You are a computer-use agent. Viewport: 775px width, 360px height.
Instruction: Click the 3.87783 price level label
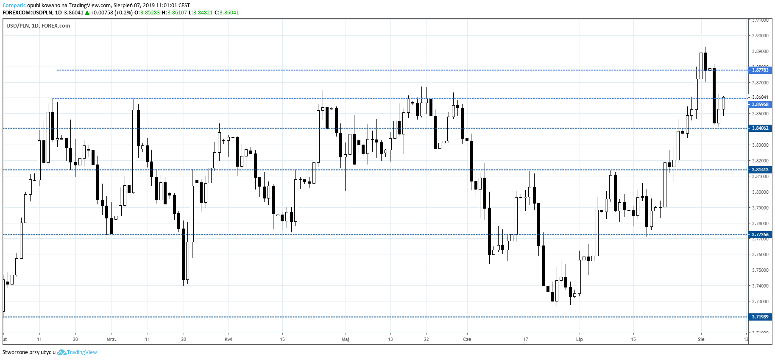pos(760,70)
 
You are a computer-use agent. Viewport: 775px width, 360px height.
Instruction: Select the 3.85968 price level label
pos(760,104)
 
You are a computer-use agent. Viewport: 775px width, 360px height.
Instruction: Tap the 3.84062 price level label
pos(760,128)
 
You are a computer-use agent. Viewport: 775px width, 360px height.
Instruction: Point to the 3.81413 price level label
pos(760,170)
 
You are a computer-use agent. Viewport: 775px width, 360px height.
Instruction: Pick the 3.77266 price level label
pos(760,234)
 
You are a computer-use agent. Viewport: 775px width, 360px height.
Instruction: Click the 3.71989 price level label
pos(760,317)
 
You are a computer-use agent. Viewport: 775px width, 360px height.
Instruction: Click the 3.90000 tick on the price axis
pos(760,36)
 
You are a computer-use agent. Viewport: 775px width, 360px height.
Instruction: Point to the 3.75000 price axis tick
pos(760,270)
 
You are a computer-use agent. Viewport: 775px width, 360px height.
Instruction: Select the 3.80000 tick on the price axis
pos(760,192)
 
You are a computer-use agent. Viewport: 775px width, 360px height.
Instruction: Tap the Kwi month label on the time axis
pos(229,339)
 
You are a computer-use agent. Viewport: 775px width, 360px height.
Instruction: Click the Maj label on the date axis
pos(346,339)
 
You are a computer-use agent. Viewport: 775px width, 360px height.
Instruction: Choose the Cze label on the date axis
pos(467,339)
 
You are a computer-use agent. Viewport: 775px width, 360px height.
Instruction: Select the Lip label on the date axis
pos(579,339)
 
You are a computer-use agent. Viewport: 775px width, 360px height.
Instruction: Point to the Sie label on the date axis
pos(701,339)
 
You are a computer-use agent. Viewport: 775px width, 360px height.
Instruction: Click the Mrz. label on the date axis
pos(112,339)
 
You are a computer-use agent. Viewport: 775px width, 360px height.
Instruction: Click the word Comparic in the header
pos(14,6)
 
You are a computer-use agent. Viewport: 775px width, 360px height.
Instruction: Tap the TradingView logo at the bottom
pos(77,352)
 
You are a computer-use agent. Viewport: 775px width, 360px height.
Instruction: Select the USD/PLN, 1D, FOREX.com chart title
pos(38,26)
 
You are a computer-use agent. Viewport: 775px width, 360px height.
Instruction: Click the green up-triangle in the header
pos(87,13)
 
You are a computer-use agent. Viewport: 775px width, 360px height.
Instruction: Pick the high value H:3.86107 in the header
pos(174,13)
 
